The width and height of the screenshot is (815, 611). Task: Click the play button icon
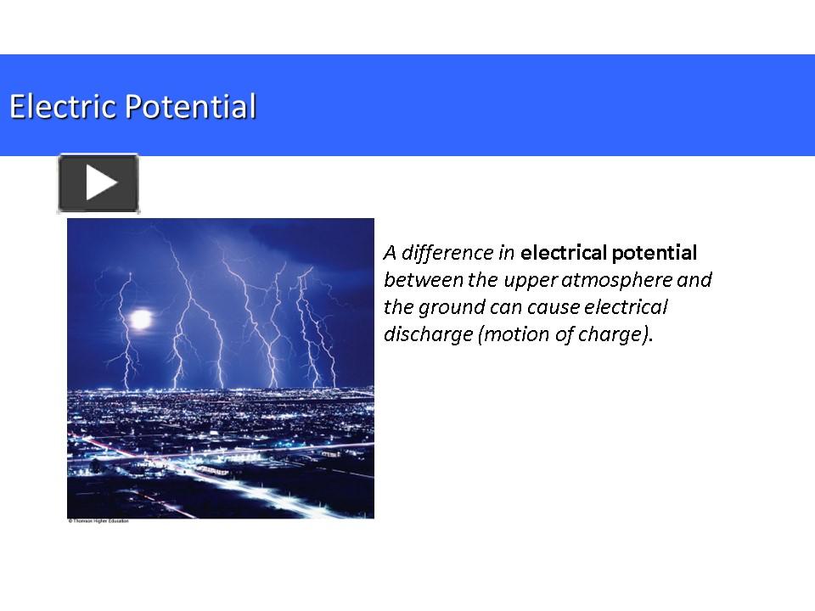point(98,183)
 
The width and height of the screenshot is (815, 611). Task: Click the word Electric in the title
point(64,107)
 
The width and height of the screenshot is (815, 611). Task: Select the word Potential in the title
point(191,107)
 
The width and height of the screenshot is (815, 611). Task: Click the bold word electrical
point(562,252)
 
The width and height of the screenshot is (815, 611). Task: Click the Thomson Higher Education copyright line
point(98,520)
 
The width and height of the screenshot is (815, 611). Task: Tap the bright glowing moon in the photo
point(140,319)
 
